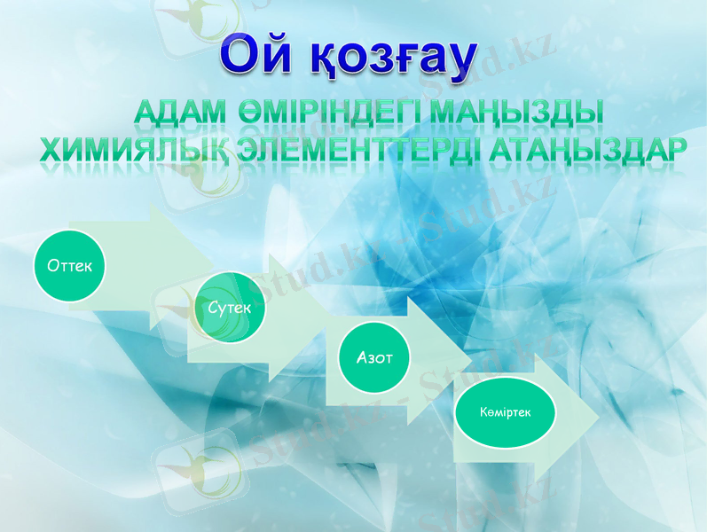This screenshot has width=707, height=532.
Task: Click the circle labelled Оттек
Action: (x=70, y=265)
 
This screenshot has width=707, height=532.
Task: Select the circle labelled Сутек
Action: (x=231, y=307)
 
